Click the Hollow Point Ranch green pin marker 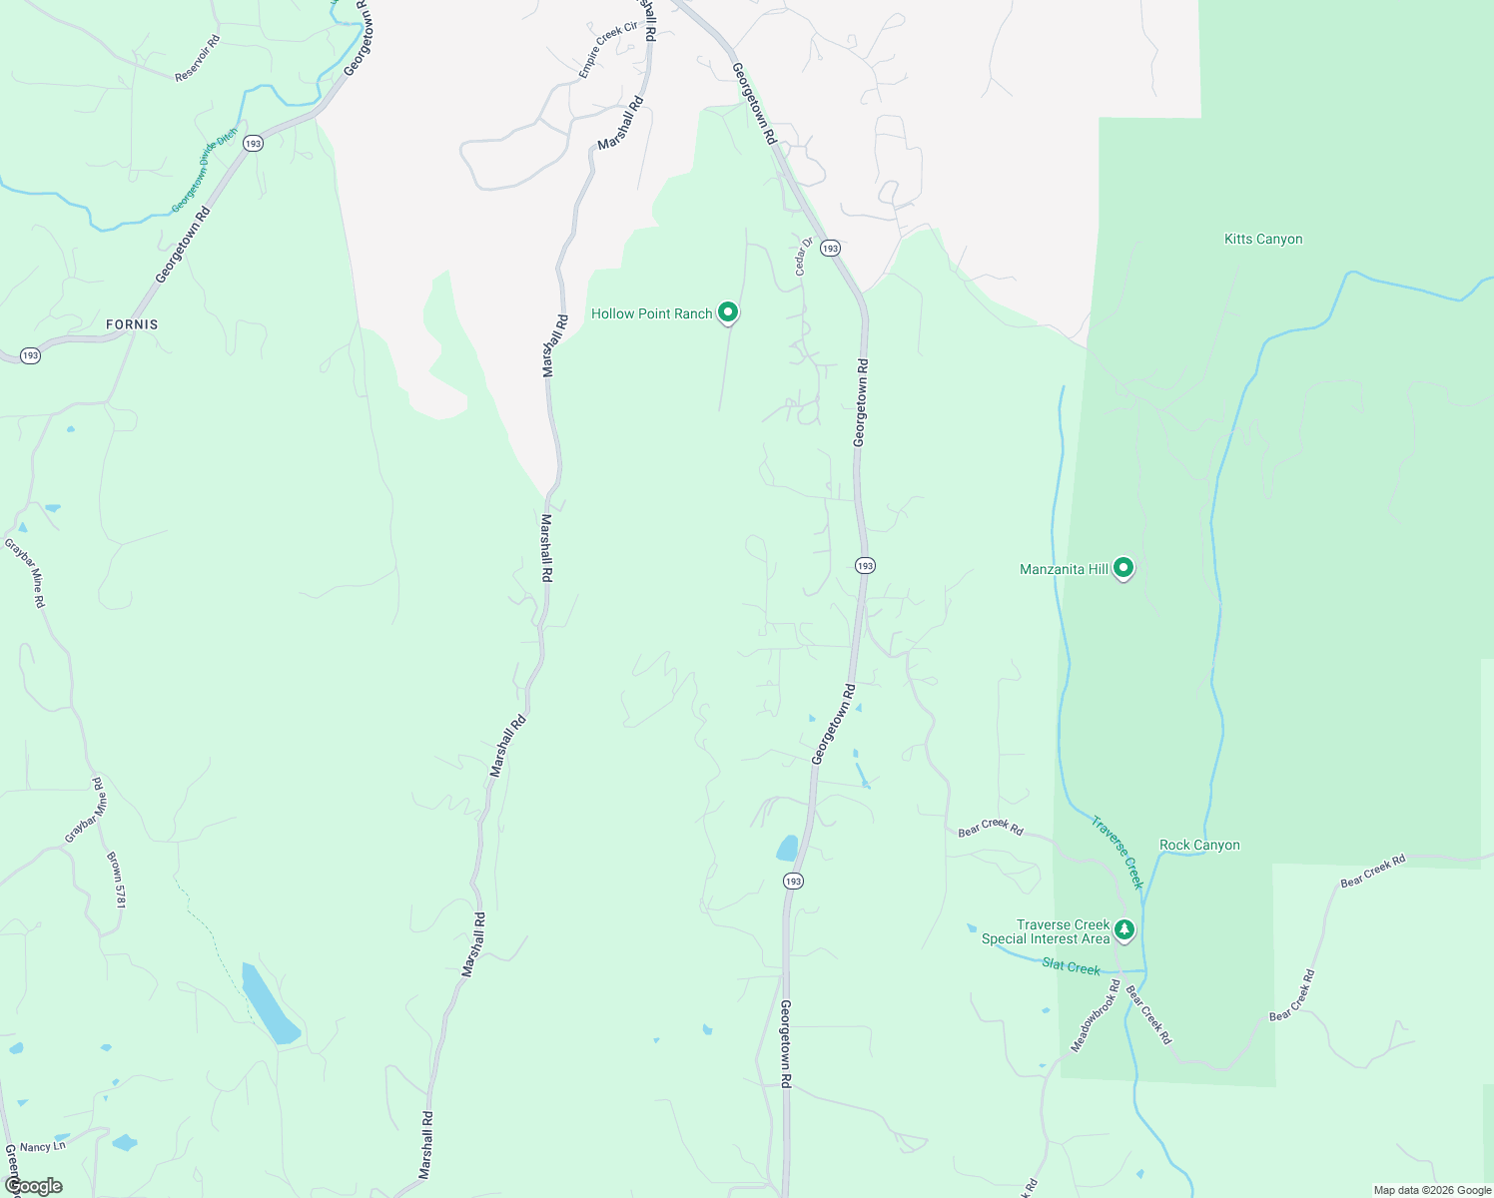point(728,312)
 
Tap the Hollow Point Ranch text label point(651,313)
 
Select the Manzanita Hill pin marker point(1123,568)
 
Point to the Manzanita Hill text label point(1064,569)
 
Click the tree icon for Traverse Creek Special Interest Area point(1124,930)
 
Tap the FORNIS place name point(132,324)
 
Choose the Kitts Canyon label point(1263,239)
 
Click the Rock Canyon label point(1199,845)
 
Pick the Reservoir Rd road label point(197,59)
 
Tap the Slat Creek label point(1071,967)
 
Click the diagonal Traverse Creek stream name point(1117,853)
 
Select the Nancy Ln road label point(42,1147)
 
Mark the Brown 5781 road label point(117,880)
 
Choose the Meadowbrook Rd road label point(1095,1014)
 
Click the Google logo point(33,1186)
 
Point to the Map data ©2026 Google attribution point(1432,1190)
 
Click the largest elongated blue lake point(271,1003)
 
